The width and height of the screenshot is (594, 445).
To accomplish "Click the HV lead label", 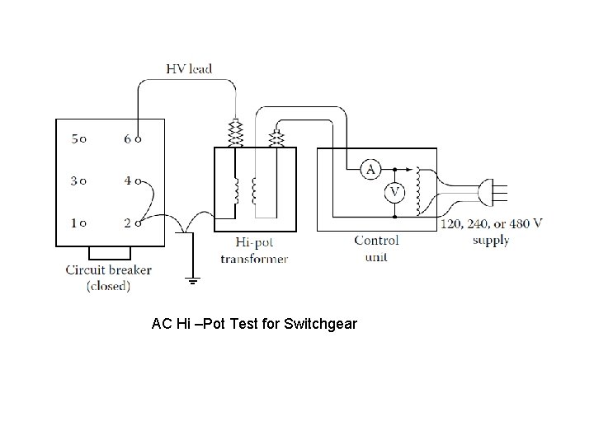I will (189, 69).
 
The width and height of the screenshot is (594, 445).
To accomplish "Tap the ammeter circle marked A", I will (370, 169).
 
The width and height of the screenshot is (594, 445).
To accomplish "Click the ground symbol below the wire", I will (192, 280).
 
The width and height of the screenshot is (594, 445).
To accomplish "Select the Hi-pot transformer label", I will (253, 250).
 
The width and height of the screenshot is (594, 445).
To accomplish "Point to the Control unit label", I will (376, 248).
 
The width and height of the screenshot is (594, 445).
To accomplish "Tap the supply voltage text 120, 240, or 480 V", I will (492, 224).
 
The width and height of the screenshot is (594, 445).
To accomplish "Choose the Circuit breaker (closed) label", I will (108, 277).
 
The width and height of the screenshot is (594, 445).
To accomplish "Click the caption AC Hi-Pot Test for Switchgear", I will (254, 324).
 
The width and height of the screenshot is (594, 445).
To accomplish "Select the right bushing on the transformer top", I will (277, 136).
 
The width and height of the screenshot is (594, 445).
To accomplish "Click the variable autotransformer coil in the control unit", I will (420, 190).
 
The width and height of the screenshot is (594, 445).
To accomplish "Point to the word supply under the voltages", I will (491, 241).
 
